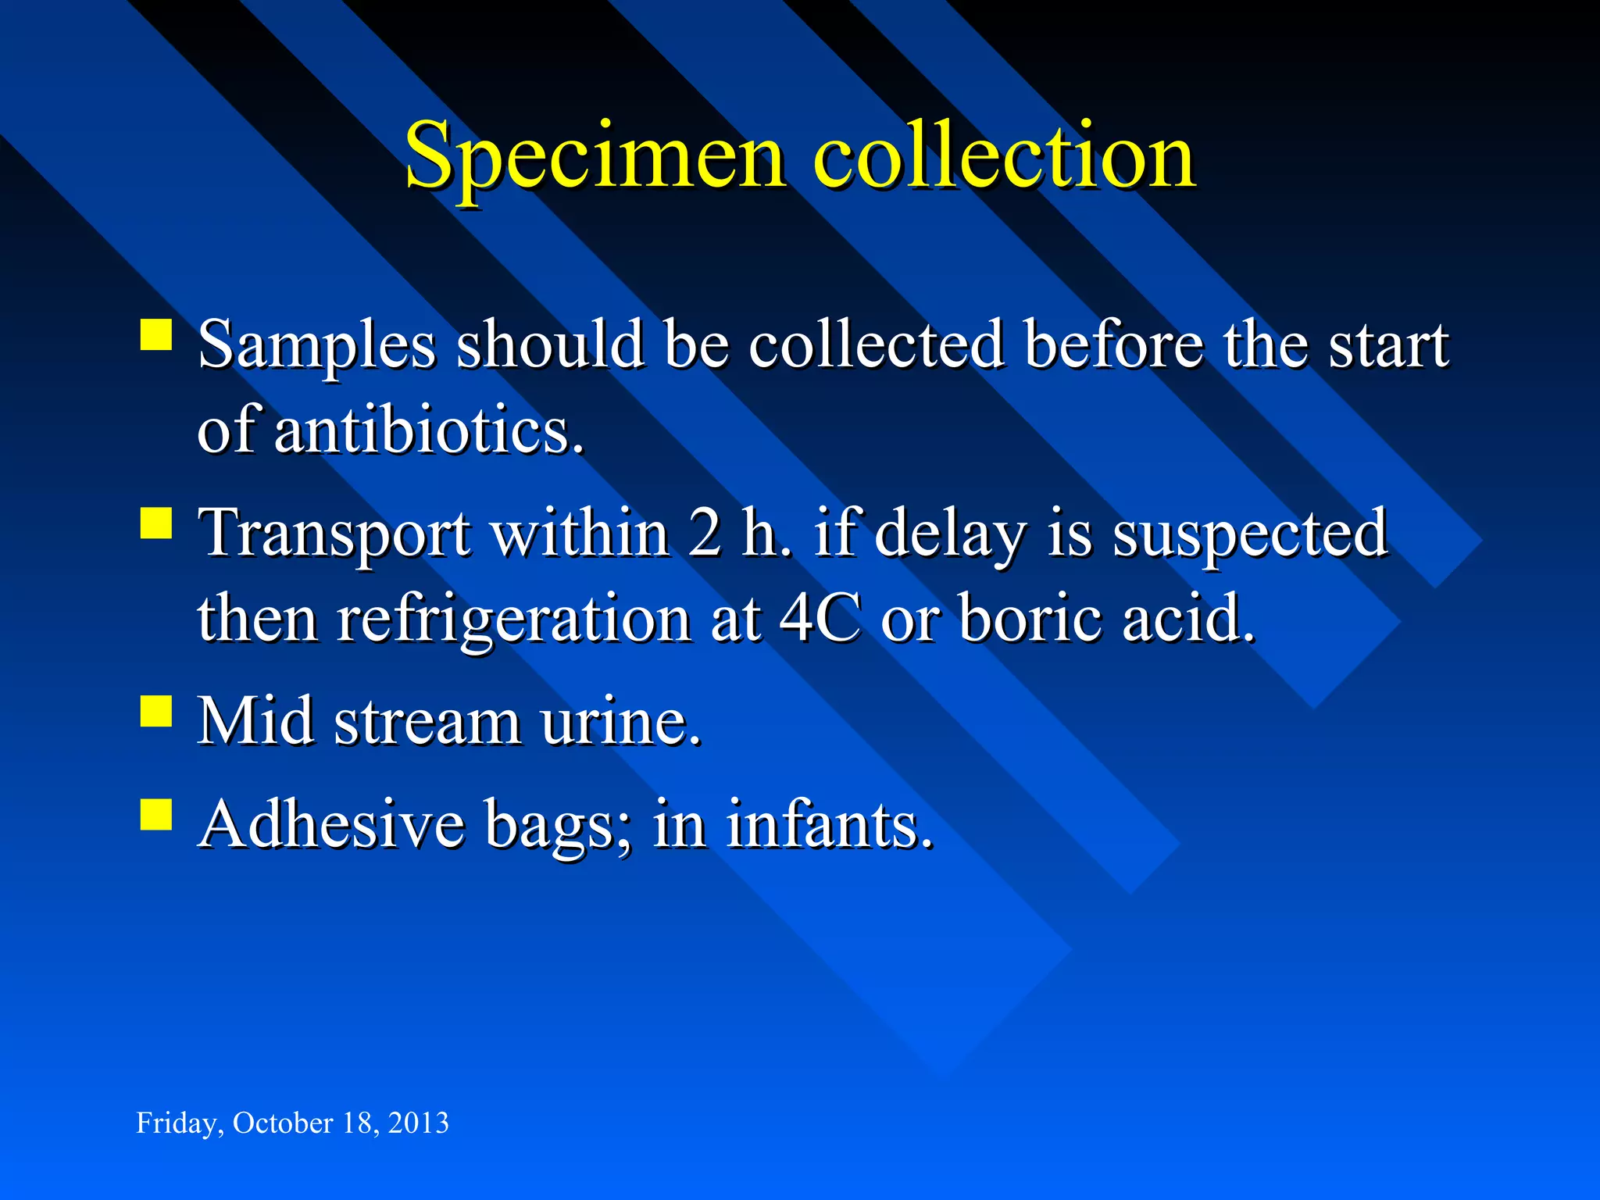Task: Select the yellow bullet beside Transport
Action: [x=156, y=523]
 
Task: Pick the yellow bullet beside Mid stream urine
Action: [x=156, y=711]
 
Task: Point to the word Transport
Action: [x=334, y=534]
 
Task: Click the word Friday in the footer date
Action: [x=175, y=1123]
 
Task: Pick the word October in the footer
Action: [x=283, y=1123]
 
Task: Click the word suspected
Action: [x=1250, y=534]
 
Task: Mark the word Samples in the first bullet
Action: [x=316, y=345]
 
